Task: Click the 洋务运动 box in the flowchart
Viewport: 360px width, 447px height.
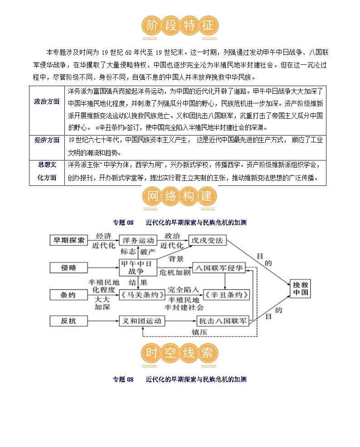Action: coord(137,241)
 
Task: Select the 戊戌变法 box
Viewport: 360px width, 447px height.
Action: coord(207,241)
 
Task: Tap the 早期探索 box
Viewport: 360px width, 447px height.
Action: coord(68,241)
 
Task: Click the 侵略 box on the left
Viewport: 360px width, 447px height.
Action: coord(68,268)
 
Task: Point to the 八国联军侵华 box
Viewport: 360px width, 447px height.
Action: coord(219,268)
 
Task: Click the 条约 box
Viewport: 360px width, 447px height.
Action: coord(68,295)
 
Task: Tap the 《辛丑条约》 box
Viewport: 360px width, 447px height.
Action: coord(226,295)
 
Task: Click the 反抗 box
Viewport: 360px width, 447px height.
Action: coord(68,321)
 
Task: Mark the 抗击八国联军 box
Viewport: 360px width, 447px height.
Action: coord(223,321)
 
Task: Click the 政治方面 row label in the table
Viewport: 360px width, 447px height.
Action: coord(47,102)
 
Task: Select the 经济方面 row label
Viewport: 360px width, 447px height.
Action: coord(47,140)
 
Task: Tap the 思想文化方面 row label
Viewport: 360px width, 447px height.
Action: coord(47,171)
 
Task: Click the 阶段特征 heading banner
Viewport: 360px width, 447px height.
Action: coord(180,25)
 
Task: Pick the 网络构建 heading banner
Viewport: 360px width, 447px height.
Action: coord(180,196)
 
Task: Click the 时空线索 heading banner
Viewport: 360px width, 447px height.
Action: coord(180,354)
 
